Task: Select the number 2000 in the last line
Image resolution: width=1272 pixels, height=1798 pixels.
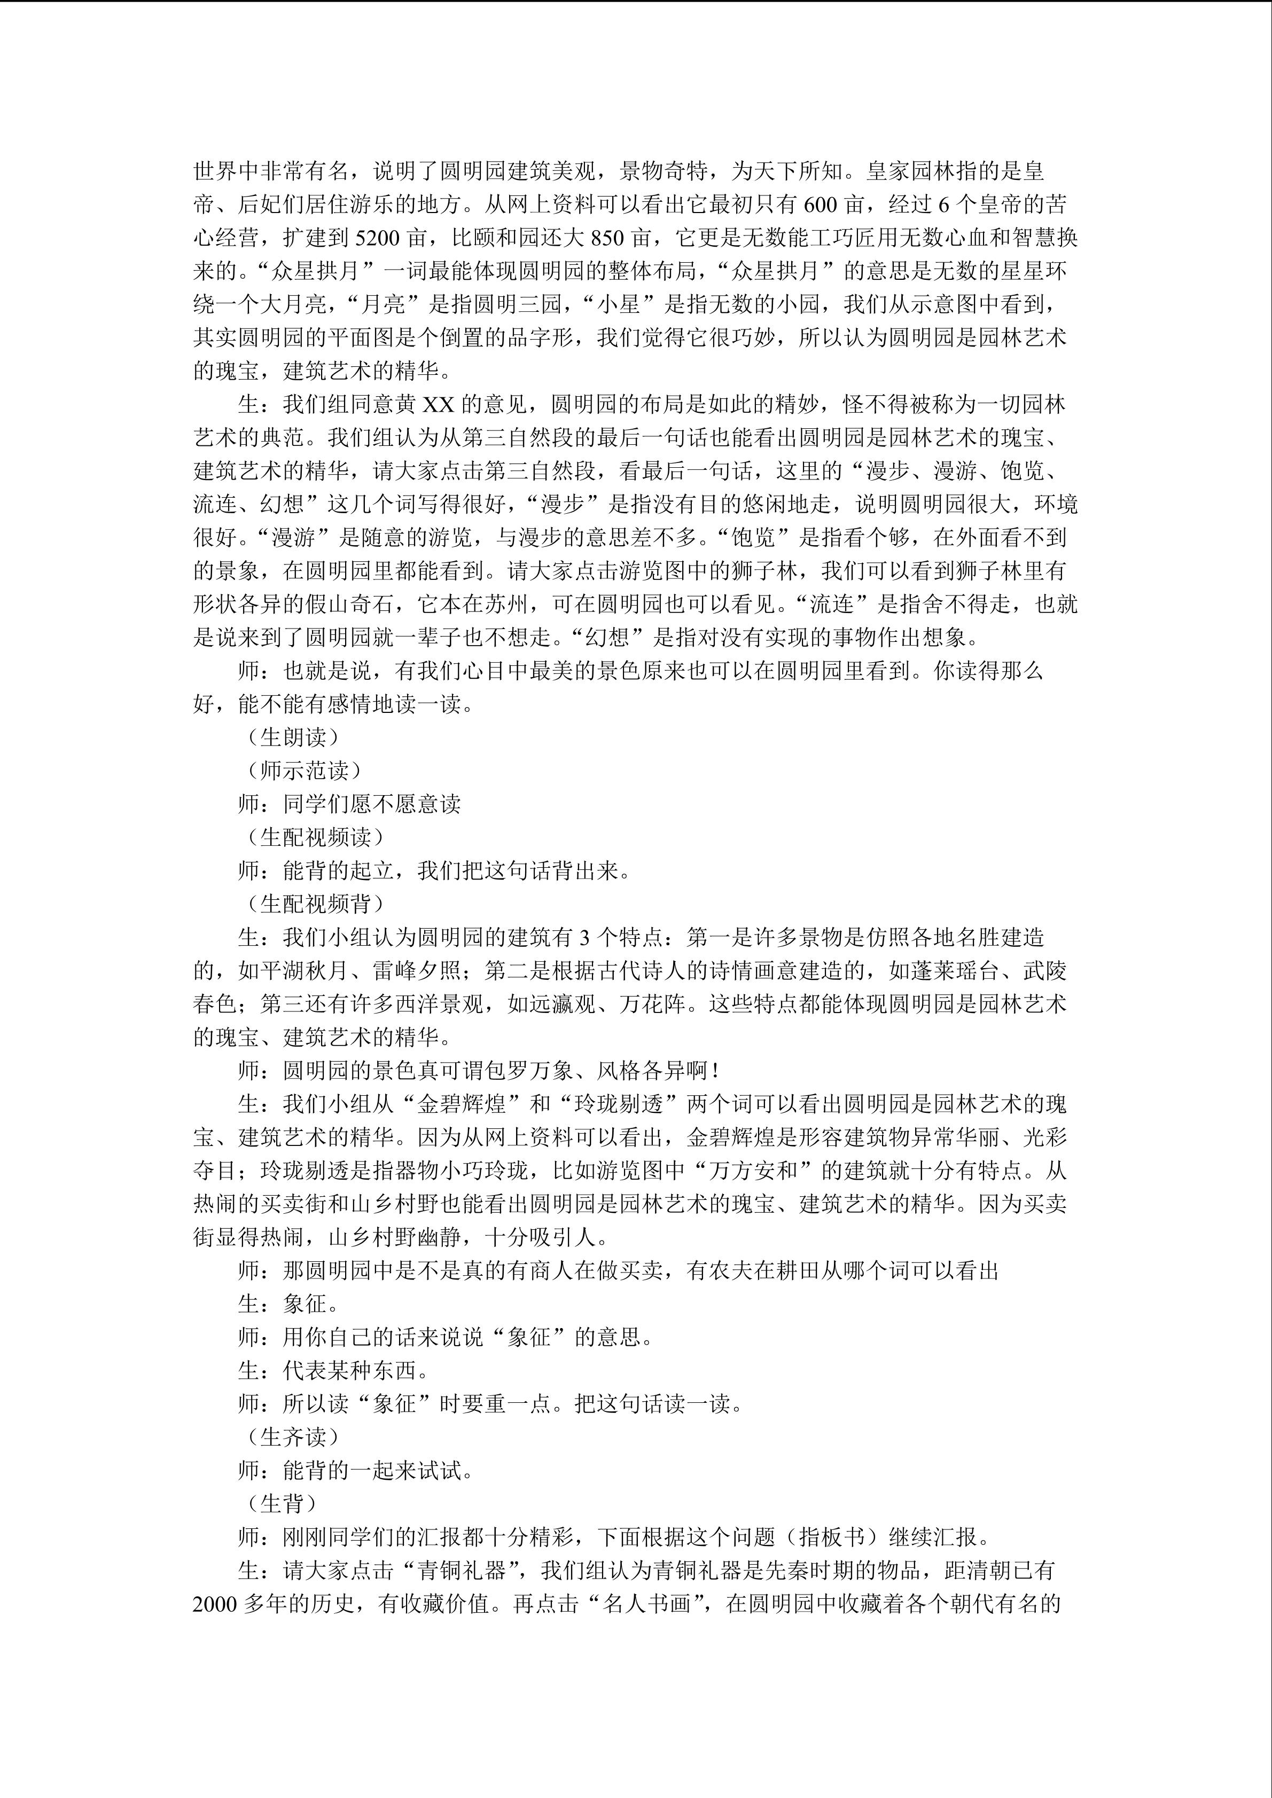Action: pyautogui.click(x=215, y=1605)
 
